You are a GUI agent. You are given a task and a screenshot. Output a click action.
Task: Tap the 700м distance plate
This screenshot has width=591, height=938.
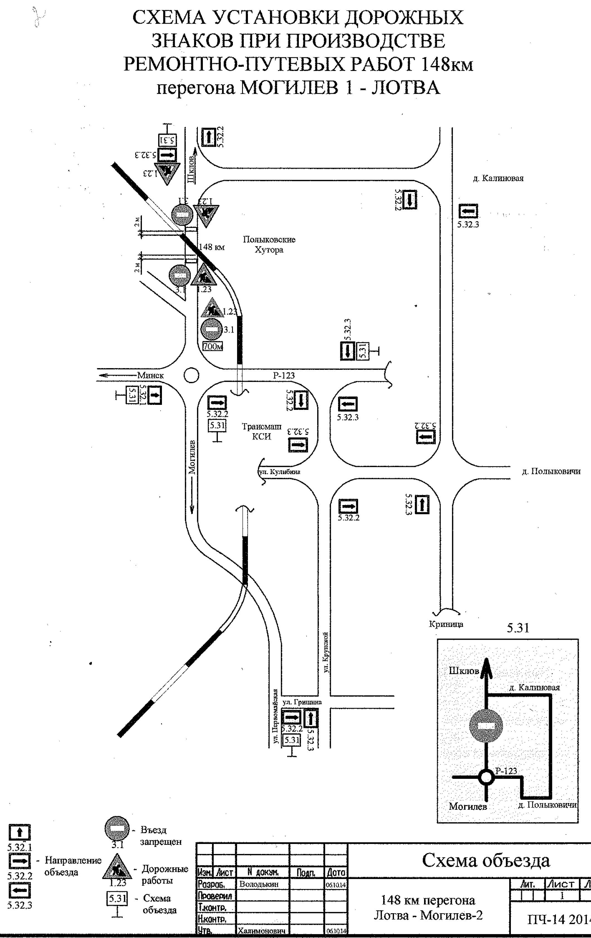(x=213, y=346)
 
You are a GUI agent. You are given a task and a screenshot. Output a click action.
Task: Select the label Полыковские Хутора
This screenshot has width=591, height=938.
(x=269, y=245)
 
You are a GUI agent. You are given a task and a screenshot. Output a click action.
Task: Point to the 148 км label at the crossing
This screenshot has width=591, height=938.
(x=211, y=247)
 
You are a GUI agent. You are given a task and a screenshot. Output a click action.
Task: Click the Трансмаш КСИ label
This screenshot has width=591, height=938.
(x=261, y=431)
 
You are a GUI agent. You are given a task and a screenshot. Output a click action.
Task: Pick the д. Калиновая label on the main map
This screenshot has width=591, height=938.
(x=498, y=178)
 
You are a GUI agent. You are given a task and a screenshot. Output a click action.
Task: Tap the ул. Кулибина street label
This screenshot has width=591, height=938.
(x=280, y=472)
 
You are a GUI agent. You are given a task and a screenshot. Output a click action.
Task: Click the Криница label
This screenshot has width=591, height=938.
(x=446, y=624)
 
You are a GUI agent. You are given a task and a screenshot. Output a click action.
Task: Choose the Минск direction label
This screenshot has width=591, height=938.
(x=150, y=376)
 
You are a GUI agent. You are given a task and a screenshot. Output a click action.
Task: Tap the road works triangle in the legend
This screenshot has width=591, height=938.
(x=117, y=866)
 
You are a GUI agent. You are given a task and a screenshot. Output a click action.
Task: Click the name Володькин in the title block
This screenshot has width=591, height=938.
(x=259, y=884)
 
